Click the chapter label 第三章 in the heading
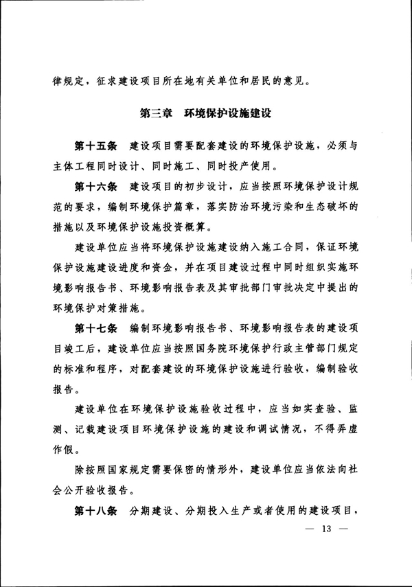pyautogui.click(x=155, y=111)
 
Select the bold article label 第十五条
pyautogui.click(x=96, y=146)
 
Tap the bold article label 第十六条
pyautogui.click(x=96, y=186)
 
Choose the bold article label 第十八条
pyautogui.click(x=96, y=511)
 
